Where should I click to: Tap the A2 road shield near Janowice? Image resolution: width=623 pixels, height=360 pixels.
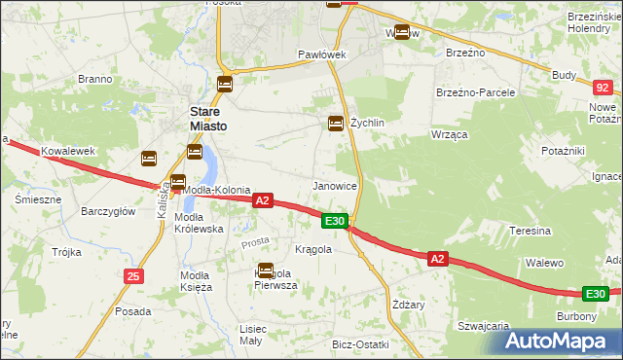261,200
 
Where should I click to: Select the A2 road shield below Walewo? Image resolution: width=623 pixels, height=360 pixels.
437,258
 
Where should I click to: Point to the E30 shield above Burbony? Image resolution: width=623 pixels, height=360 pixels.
596,294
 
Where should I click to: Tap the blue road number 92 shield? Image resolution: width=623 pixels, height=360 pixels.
601,88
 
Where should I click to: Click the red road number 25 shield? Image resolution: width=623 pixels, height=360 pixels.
133,277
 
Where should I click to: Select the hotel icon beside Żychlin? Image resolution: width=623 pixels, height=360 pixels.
335,123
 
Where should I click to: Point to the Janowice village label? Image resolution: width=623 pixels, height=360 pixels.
334,185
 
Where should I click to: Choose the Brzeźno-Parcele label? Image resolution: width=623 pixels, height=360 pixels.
475,92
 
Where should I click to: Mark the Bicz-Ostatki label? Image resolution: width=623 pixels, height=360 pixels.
360,345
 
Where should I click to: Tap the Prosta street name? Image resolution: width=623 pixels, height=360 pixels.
255,240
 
